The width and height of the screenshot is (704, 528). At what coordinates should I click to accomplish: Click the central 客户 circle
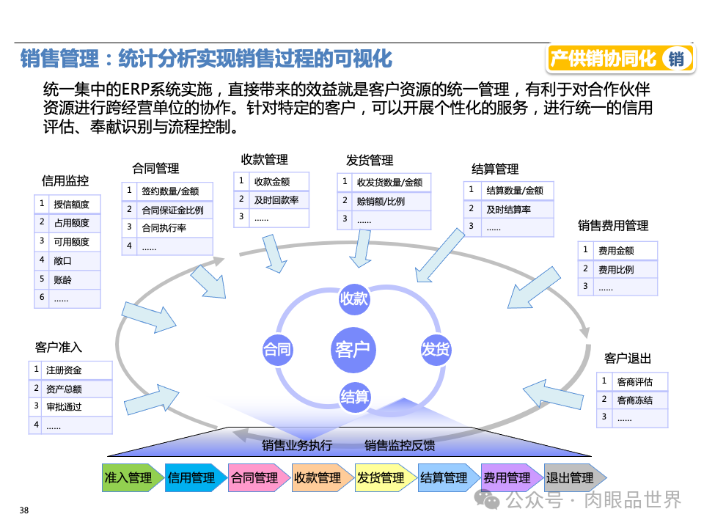(353, 350)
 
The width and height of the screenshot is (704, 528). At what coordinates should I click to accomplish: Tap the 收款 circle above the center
(353, 299)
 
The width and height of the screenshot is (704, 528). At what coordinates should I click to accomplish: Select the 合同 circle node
(277, 350)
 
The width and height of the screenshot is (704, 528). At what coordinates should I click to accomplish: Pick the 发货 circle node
(435, 350)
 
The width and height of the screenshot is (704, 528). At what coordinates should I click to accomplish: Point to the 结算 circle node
(355, 397)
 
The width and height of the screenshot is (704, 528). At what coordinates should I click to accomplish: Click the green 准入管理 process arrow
(129, 478)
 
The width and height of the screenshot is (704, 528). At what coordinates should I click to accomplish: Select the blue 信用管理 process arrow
(192, 478)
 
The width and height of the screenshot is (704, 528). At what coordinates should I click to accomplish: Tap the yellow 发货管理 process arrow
(381, 478)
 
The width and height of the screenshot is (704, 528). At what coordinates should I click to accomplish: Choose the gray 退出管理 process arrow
(571, 478)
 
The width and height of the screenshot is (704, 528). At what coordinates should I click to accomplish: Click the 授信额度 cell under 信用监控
(72, 204)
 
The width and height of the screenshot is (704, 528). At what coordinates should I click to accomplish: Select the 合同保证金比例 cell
(172, 210)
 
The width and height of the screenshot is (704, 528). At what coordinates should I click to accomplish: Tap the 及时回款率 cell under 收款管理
(276, 199)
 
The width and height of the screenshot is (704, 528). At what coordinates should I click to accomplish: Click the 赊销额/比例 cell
(381, 201)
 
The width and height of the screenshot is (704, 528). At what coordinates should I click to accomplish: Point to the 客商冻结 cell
(634, 400)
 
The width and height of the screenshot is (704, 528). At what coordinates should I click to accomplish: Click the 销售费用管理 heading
(613, 226)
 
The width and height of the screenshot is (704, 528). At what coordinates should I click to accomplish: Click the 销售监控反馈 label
(400, 445)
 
